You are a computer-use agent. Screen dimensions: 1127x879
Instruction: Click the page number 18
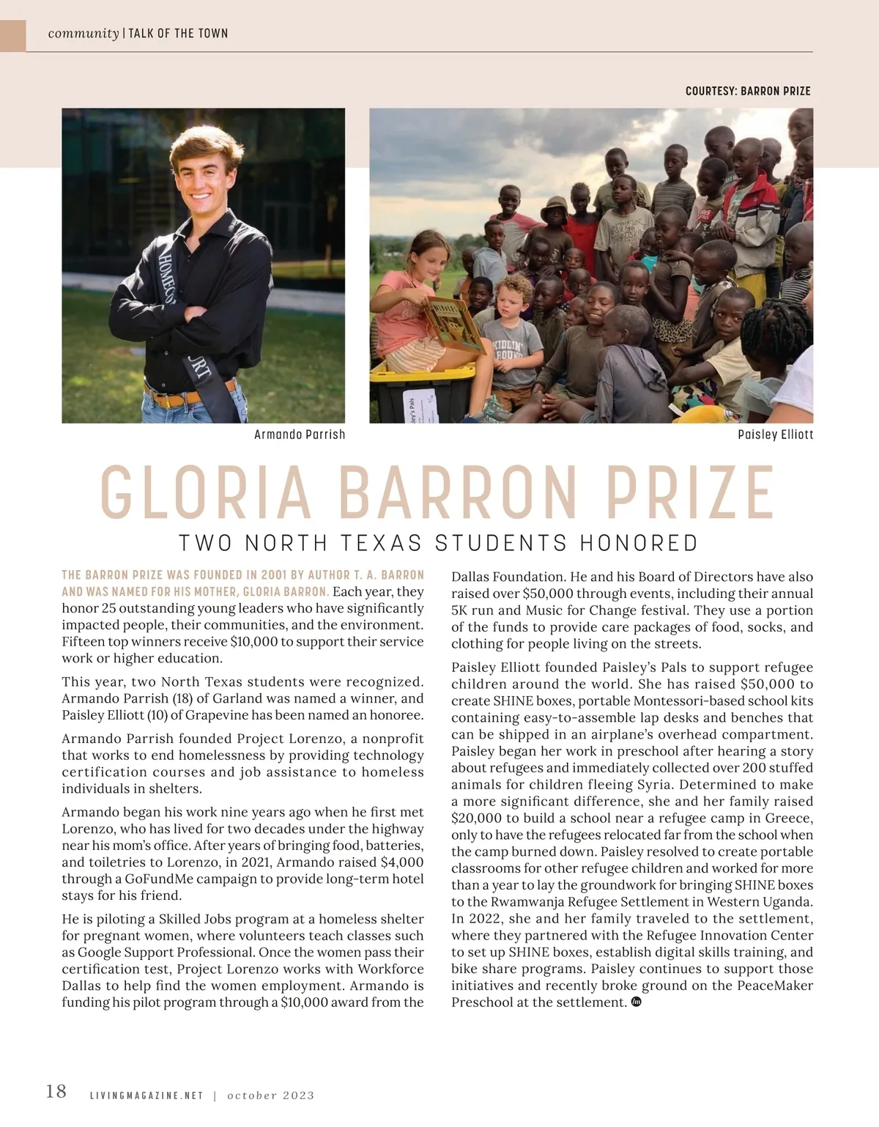pyautogui.click(x=56, y=1091)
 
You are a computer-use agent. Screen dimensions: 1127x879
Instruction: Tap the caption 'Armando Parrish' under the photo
pyautogui.click(x=300, y=435)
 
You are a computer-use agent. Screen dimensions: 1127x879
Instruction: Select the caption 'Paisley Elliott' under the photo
pyautogui.click(x=775, y=435)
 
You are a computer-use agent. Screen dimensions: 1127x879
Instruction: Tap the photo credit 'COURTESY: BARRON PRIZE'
pyautogui.click(x=748, y=92)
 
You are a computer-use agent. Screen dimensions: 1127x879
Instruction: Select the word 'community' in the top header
pyautogui.click(x=83, y=34)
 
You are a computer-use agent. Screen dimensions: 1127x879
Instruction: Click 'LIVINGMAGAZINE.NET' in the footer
pyautogui.click(x=146, y=1095)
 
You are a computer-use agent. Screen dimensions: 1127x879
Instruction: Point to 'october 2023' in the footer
pyautogui.click(x=270, y=1095)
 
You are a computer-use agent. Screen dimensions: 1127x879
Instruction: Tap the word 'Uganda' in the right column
pyautogui.click(x=789, y=902)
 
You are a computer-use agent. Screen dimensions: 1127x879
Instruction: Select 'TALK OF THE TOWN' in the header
pyautogui.click(x=178, y=34)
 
